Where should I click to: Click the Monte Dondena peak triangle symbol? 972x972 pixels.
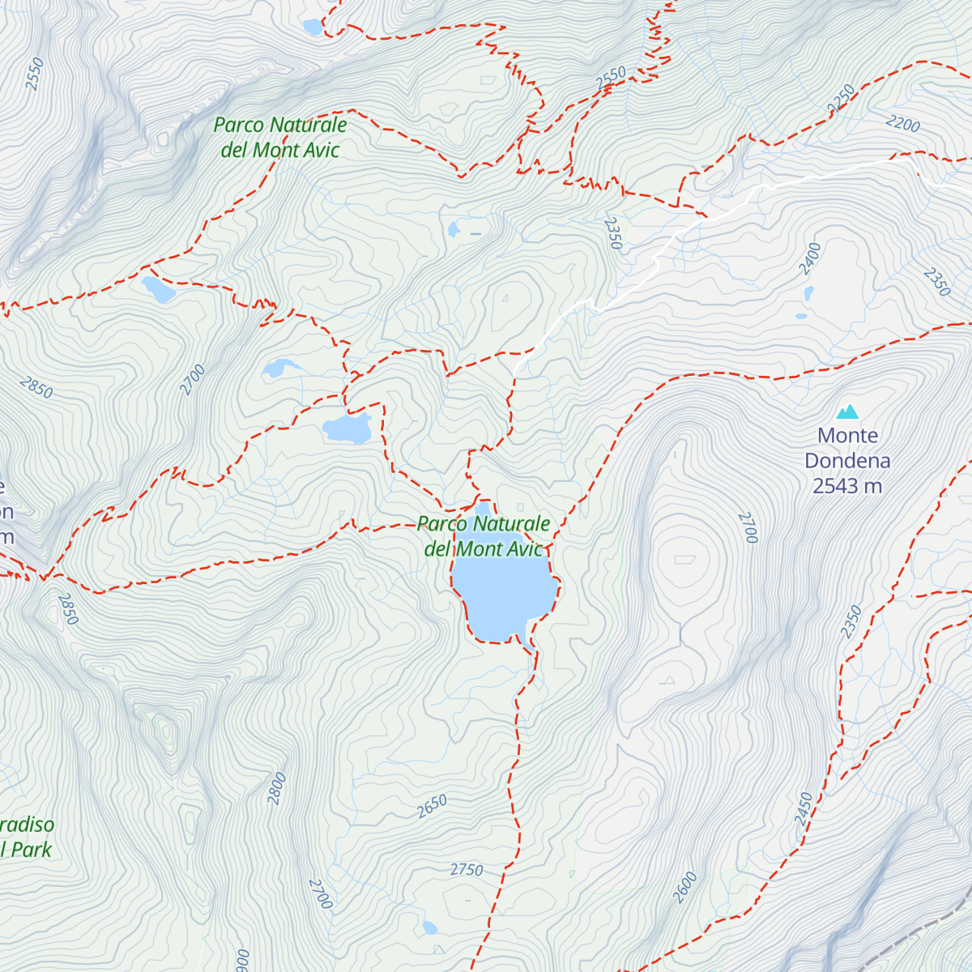pos(847,412)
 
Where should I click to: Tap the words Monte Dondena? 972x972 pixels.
pos(847,448)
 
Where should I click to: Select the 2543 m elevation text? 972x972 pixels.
pos(847,486)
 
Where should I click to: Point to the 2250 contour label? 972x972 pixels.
pos(842,98)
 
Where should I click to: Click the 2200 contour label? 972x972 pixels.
pos(903,123)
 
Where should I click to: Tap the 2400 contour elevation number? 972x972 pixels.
pos(809,258)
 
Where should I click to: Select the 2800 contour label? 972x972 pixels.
pos(277,788)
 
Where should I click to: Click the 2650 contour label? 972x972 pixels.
pos(432,806)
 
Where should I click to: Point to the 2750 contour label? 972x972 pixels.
pos(467,870)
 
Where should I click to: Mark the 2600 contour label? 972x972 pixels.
pos(684,888)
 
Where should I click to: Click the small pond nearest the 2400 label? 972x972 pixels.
pos(808,292)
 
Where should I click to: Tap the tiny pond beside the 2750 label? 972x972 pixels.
pos(429,927)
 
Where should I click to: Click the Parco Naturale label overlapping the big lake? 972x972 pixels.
pos(484,536)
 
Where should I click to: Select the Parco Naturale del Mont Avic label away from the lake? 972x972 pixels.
pos(280,137)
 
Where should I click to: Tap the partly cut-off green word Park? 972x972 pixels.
pos(31,850)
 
